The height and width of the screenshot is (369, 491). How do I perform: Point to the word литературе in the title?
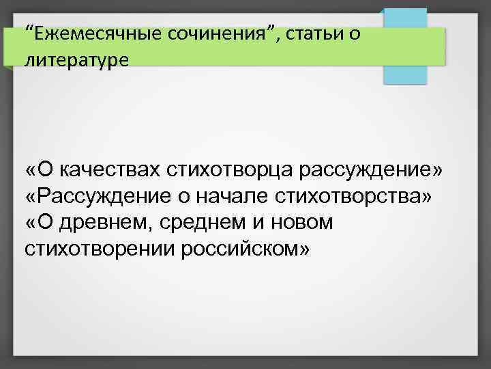pyautogui.click(x=76, y=60)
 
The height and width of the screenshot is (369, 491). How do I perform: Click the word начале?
pyautogui.click(x=235, y=196)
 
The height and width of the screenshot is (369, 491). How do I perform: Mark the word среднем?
pyautogui.click(x=201, y=222)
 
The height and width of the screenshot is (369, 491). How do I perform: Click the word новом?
pyautogui.click(x=301, y=222)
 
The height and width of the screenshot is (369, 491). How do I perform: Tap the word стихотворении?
pyautogui.click(x=100, y=248)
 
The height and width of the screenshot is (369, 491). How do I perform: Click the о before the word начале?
pyautogui.click(x=185, y=196)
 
